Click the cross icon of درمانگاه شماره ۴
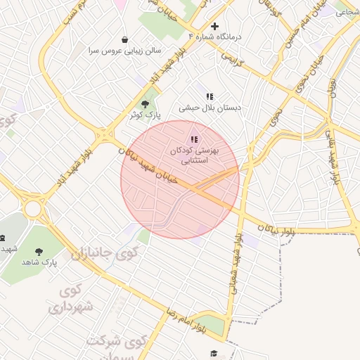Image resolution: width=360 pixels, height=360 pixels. coord(214,26)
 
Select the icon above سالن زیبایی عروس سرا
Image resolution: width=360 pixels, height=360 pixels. coord(125,39)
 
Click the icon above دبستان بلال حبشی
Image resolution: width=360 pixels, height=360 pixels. coord(209,96)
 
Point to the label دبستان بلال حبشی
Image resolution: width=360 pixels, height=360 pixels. coord(210,108)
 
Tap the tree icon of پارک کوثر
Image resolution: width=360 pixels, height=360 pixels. coord(145,104)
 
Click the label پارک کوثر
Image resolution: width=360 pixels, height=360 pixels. coord(145,114)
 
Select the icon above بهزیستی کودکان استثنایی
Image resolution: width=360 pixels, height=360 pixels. coord(194,139)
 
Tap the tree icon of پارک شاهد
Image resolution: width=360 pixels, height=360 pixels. coord(38,250)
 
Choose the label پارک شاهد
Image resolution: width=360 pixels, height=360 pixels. coord(38,262)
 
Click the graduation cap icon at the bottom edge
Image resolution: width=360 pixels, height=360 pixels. coord(214,354)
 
